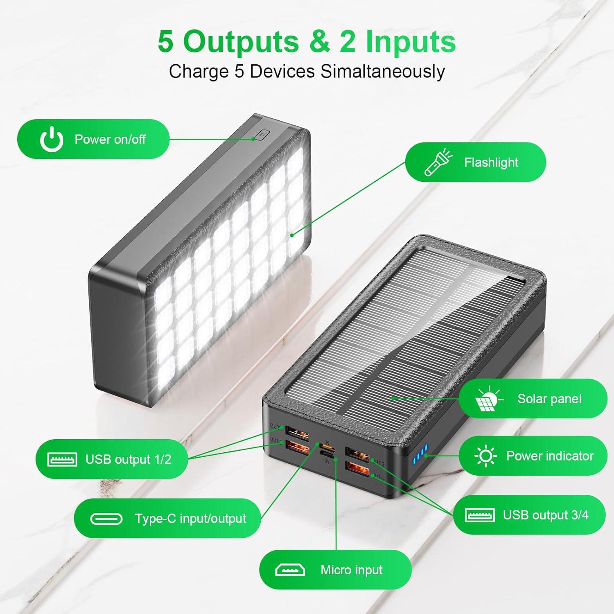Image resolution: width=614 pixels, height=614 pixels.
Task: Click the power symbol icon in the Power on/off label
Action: tap(52, 139)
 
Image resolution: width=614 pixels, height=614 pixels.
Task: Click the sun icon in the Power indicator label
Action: tap(485, 456)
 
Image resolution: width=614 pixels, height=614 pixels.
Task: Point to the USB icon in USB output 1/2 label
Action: tap(62, 459)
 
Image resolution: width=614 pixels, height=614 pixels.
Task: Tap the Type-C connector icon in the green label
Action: tap(106, 519)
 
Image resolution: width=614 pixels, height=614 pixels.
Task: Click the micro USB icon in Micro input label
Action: tap(290, 570)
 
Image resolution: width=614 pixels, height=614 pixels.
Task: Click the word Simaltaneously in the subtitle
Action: tap(382, 71)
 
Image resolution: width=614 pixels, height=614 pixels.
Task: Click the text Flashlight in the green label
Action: tap(491, 163)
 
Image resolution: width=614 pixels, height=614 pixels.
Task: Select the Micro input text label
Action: tap(351, 570)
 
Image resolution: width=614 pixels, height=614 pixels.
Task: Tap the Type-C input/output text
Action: tap(190, 519)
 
